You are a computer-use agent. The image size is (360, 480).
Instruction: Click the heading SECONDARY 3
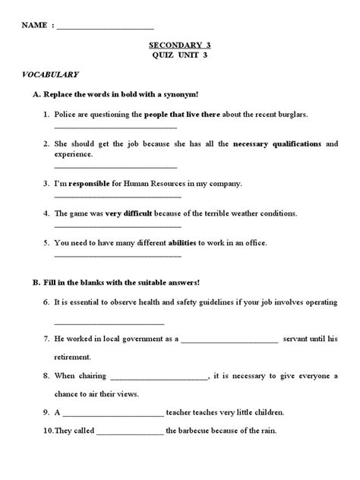(180, 46)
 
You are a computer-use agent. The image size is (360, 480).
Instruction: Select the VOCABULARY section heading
(49, 75)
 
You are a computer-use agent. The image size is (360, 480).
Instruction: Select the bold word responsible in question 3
(93, 183)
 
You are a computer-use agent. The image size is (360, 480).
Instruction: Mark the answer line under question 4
(117, 226)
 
